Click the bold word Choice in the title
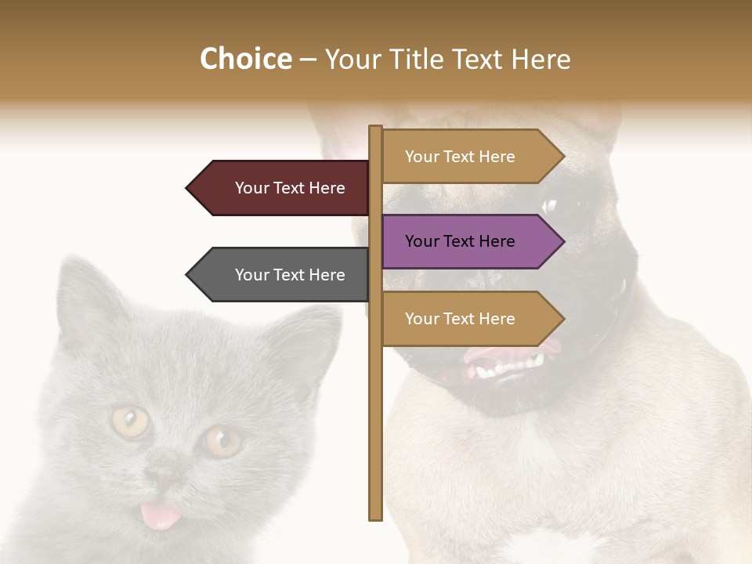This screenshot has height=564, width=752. click(245, 60)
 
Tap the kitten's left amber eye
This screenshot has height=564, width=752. click(130, 421)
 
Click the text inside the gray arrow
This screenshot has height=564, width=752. click(290, 275)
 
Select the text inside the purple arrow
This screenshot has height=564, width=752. click(460, 241)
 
